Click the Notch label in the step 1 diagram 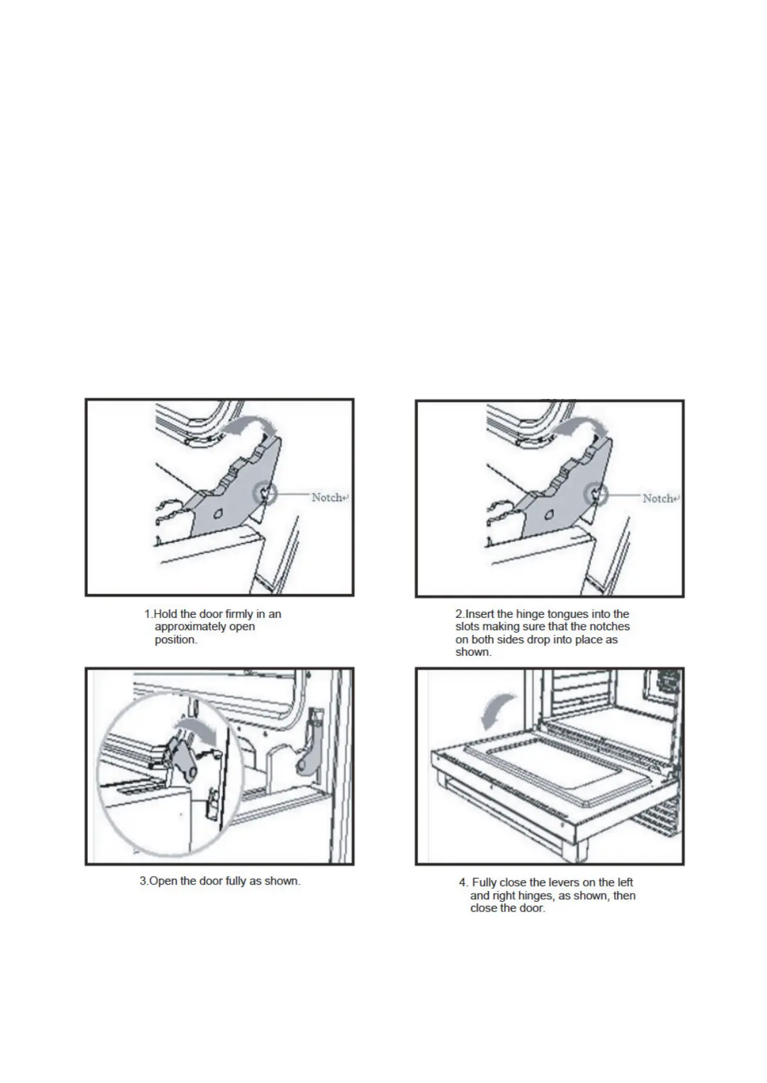click(330, 497)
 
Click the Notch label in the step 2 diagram click(660, 498)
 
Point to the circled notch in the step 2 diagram click(595, 495)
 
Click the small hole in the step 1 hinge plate click(218, 513)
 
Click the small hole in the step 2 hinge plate click(549, 514)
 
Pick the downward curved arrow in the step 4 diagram click(497, 711)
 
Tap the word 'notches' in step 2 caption click(610, 626)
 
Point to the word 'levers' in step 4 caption click(564, 883)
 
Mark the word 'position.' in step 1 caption click(176, 640)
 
